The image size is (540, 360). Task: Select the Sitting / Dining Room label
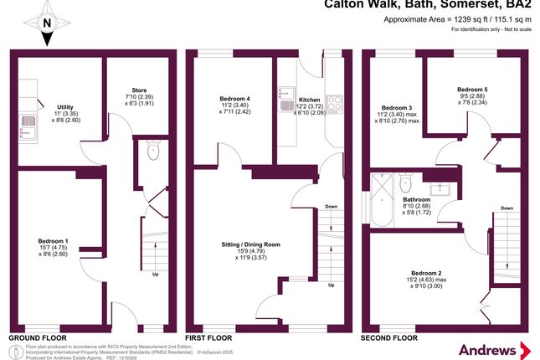click(x=252, y=244)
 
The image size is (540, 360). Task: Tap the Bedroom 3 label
click(x=397, y=108)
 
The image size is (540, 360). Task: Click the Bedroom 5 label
click(x=472, y=90)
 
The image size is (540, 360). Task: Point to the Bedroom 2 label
click(x=428, y=273)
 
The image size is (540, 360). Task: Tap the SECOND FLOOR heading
click(x=388, y=337)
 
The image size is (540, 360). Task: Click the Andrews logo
click(x=492, y=346)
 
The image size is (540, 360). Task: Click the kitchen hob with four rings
click(x=333, y=104)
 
